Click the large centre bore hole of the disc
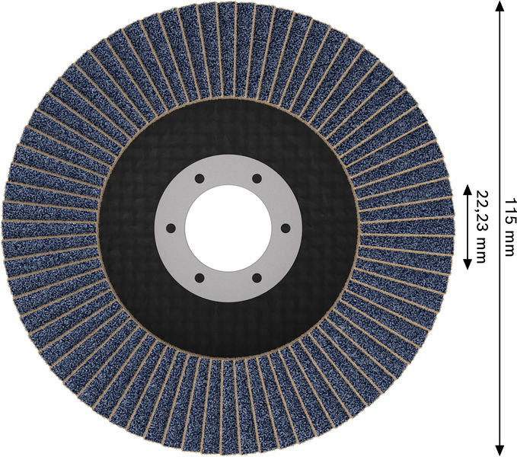pyautogui.click(x=227, y=228)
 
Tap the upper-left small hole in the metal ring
pyautogui.click(x=198, y=178)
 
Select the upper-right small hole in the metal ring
pyautogui.click(x=256, y=178)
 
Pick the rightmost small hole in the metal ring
pyautogui.click(x=285, y=228)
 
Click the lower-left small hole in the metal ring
pyautogui.click(x=198, y=277)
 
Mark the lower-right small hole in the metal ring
pyautogui.click(x=256, y=277)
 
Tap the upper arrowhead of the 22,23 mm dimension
pyautogui.click(x=467, y=189)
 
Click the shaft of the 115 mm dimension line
pyautogui.click(x=499, y=114)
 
